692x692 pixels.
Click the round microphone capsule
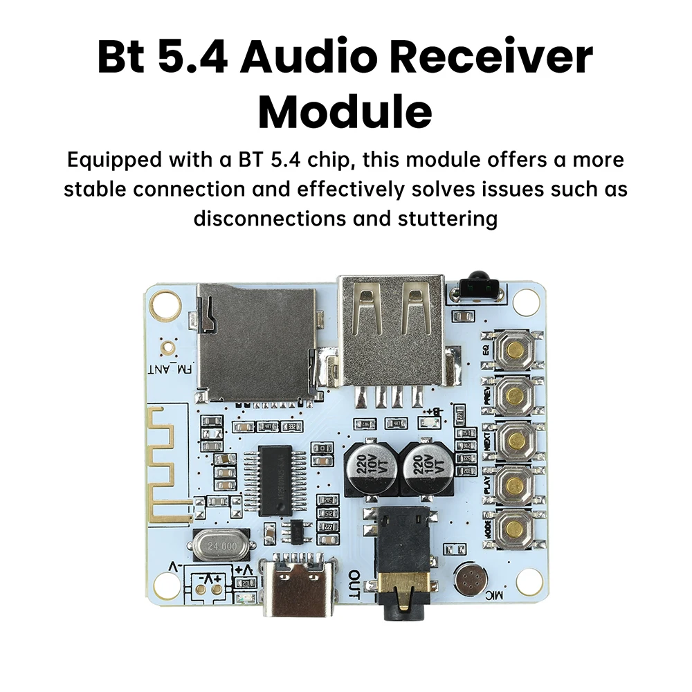pos(471,577)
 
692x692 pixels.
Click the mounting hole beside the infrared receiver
pos(527,299)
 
